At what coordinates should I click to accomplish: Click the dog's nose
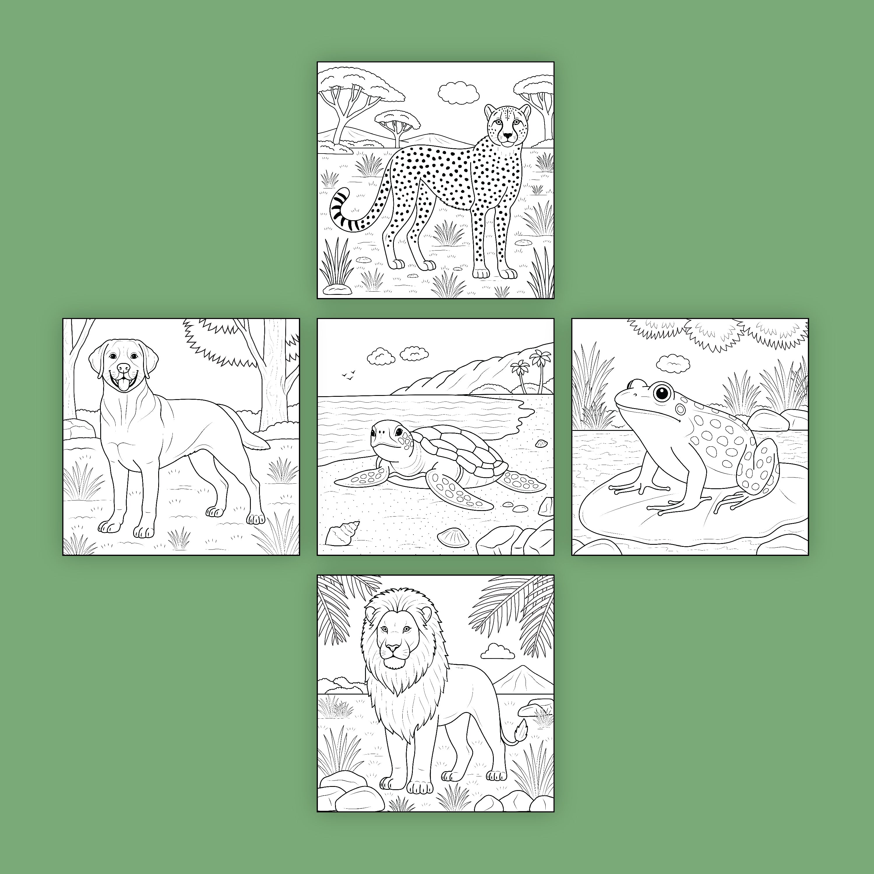tap(123, 368)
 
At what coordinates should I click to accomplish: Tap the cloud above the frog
tap(673, 362)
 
